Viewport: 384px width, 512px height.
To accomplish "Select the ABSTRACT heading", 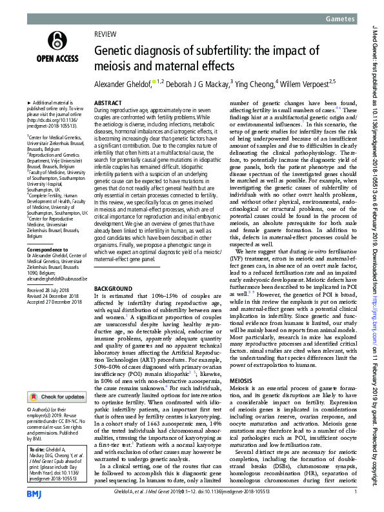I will coord(107,103).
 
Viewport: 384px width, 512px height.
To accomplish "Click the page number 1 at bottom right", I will coord(356,493).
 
